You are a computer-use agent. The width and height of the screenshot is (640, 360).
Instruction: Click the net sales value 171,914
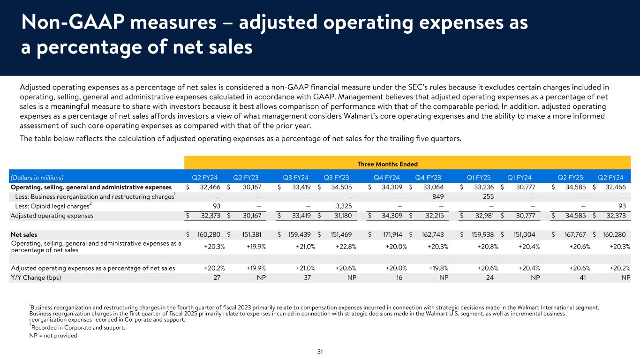point(389,234)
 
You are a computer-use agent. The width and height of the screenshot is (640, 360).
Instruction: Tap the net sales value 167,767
point(572,234)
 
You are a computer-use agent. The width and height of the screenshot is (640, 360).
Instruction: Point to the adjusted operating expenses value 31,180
point(343,216)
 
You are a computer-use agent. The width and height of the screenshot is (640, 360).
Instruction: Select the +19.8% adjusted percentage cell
point(437,268)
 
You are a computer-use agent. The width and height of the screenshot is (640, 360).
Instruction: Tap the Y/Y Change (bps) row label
point(36,277)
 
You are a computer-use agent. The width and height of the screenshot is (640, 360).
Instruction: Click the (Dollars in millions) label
point(37,178)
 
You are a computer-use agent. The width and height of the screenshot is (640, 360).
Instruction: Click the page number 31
point(320,352)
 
